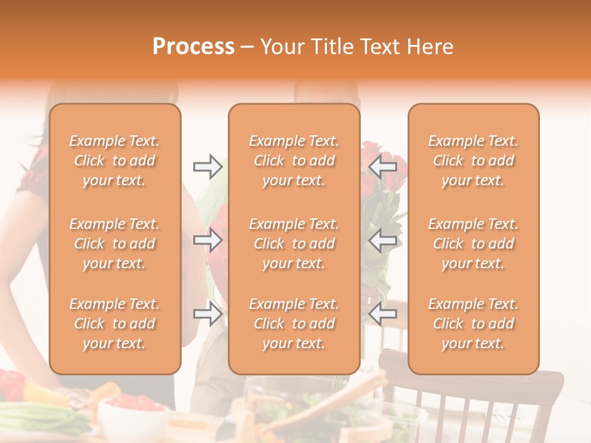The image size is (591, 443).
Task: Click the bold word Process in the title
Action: pos(193,47)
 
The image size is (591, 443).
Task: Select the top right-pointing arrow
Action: pos(207,166)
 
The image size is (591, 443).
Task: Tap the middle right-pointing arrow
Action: pos(207,240)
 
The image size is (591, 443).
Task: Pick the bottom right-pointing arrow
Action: pos(207,314)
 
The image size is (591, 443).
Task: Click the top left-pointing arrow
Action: pos(382,166)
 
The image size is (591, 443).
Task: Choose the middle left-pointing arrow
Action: pos(382,240)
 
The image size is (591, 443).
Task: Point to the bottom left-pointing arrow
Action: pos(382,314)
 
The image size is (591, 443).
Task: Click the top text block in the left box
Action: pos(115,161)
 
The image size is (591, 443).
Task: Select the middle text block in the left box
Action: pos(115,244)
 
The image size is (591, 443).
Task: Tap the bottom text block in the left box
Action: pos(115,324)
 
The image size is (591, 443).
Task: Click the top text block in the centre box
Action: pos(294,161)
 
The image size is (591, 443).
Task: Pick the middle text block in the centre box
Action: pos(294,244)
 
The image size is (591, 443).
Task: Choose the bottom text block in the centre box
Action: pos(294,324)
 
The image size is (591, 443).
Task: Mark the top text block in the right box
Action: pos(473,161)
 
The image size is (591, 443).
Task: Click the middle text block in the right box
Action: pos(473,244)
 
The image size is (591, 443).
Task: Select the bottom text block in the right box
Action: pos(473,324)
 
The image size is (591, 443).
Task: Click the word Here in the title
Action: pos(430,47)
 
